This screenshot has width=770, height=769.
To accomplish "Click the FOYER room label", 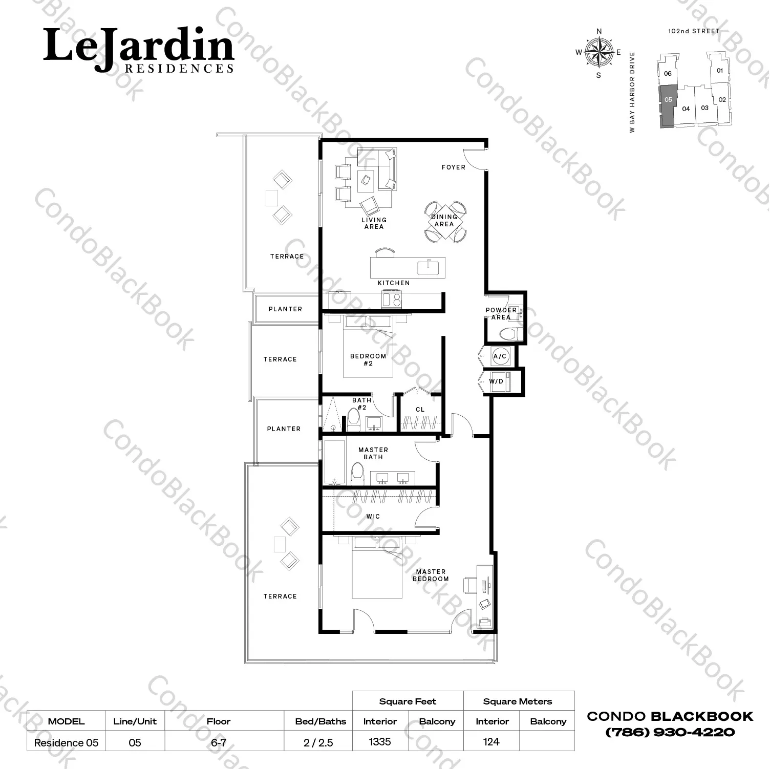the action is [x=454, y=167].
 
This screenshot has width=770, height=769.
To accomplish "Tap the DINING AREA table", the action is [x=445, y=221].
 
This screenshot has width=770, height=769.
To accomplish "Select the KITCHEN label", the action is [x=394, y=283].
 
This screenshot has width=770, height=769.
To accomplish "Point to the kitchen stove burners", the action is [x=392, y=300].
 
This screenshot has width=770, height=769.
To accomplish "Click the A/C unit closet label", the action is [x=500, y=356].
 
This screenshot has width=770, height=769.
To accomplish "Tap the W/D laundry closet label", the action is [x=496, y=381].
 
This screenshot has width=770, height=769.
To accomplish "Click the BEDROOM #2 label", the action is [x=368, y=359].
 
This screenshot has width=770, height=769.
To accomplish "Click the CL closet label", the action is [x=420, y=410].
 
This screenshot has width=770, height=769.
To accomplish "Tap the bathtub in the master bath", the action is [x=334, y=462].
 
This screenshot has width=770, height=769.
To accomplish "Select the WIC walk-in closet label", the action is [x=373, y=517].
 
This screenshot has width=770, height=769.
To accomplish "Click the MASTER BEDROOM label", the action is [x=431, y=575].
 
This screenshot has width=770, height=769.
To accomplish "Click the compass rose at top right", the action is [x=599, y=52].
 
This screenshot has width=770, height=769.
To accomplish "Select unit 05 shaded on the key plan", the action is [x=667, y=105].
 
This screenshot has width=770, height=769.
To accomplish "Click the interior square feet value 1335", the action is [x=380, y=742].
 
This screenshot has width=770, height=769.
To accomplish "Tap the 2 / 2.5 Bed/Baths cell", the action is [x=318, y=742].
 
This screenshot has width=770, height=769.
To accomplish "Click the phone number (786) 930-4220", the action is [x=670, y=732].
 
